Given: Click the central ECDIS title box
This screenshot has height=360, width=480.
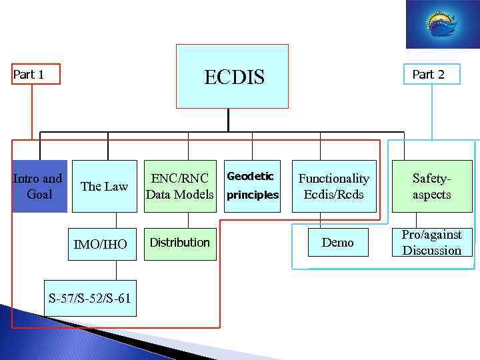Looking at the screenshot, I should [232, 76].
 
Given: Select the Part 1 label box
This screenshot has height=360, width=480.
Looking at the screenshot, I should [35, 75].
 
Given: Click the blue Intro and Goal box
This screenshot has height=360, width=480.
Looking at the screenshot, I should [39, 186].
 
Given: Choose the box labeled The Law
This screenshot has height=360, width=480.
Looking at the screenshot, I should [104, 186].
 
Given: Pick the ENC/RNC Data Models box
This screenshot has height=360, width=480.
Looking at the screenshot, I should [180, 186].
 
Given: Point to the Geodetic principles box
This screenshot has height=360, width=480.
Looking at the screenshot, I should [253, 186].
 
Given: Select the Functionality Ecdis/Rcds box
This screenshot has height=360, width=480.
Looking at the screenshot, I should [333, 186].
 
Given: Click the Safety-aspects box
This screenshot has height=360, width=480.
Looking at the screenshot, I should [431, 186].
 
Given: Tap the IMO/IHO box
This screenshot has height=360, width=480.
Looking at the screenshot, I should [104, 244].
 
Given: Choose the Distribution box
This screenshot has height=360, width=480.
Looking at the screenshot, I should [180, 243].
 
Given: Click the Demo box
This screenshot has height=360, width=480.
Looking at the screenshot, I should [338, 243].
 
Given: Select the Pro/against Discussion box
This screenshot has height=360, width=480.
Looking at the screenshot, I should [431, 242].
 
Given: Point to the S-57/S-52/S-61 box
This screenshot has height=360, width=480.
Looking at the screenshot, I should [89, 298].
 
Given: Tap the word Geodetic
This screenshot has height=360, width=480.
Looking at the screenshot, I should [250, 176].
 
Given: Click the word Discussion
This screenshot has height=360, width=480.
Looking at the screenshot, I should [431, 251].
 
